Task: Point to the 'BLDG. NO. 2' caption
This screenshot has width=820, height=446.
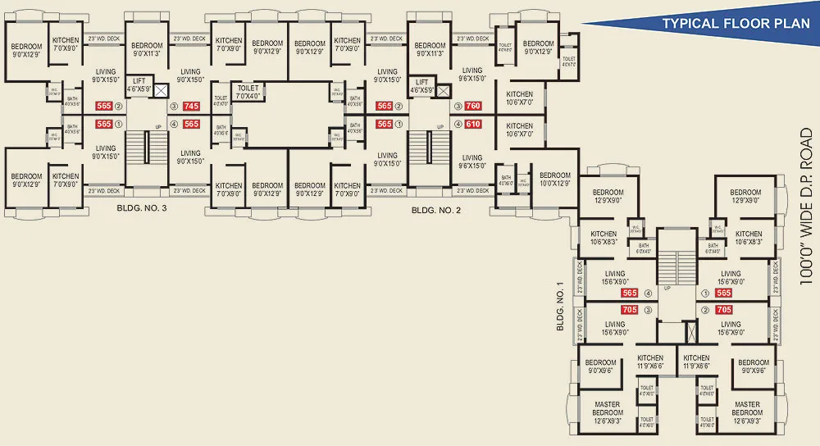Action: coord(436,210)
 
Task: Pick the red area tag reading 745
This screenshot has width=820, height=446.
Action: coord(191,107)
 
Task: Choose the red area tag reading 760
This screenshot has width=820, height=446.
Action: coord(472,107)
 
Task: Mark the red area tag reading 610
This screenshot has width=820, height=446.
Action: coord(472,125)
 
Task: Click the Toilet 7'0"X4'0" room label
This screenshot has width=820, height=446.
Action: coord(248,90)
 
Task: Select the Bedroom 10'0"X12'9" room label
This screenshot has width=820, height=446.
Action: coord(555,179)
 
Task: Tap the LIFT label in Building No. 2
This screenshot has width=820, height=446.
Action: coord(421,86)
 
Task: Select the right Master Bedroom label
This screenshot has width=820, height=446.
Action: coord(746,408)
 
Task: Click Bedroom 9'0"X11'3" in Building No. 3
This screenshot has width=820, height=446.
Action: coord(148,49)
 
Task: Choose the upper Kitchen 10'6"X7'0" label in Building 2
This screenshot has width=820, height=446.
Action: coord(519,98)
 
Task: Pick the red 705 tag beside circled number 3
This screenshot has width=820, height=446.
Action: coord(630,310)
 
